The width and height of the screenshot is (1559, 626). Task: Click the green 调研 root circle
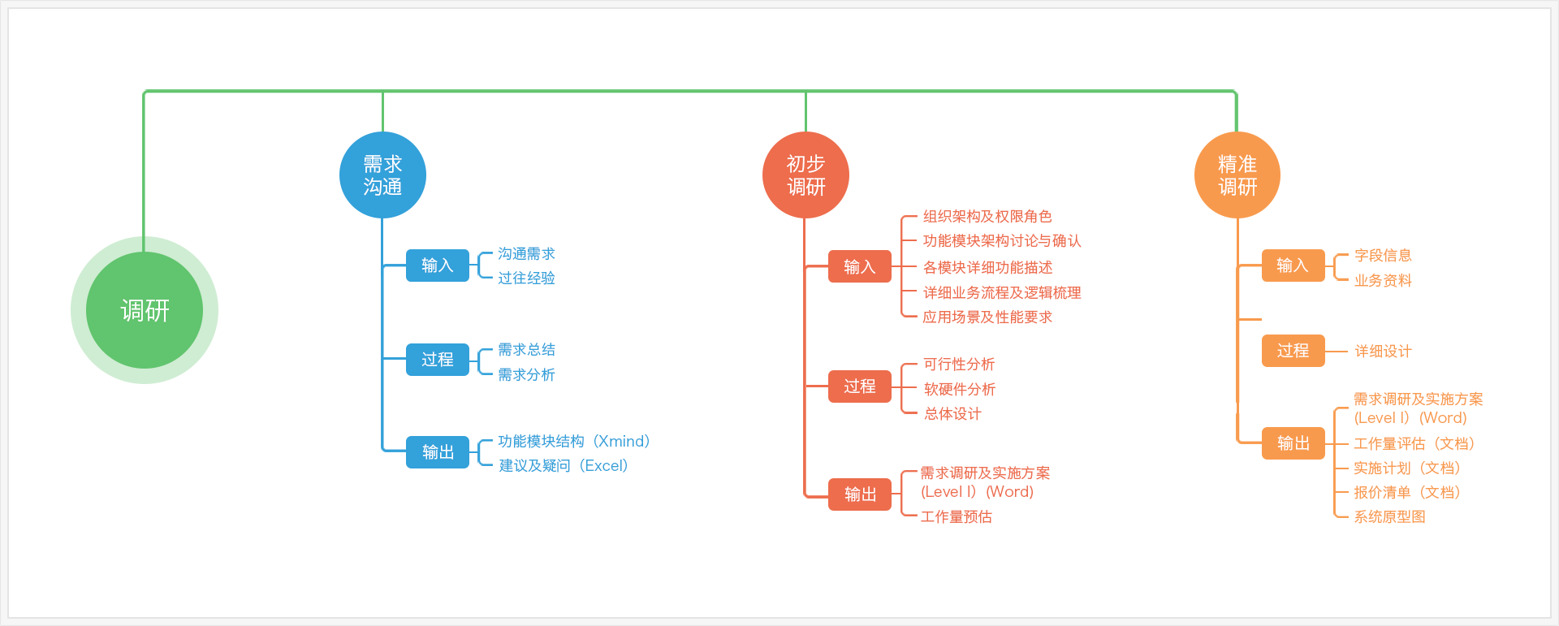(145, 310)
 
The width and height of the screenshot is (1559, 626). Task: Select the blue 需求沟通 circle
(382, 175)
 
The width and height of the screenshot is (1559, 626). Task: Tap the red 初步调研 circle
(805, 175)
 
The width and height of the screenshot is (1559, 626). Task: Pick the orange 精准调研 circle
(1237, 175)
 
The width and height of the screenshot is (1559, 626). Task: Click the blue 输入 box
(438, 266)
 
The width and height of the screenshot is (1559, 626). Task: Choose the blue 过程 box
(438, 360)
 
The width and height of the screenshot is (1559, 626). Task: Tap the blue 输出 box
(438, 452)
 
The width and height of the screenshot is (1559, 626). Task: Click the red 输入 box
(860, 266)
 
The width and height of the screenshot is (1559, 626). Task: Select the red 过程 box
(860, 386)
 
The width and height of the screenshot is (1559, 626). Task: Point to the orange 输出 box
(1293, 443)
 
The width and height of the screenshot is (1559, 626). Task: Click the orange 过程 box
(1293, 351)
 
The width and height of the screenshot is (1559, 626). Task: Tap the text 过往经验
(526, 278)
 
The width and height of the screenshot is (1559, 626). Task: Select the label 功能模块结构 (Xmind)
(574, 441)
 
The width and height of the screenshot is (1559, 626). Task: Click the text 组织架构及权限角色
(987, 216)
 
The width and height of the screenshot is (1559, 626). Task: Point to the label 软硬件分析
(959, 390)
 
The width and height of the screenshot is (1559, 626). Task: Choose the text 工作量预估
(957, 516)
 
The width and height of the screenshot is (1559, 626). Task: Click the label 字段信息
(1383, 256)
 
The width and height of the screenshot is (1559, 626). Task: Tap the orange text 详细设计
(1383, 352)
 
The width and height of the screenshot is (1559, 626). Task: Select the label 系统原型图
(1389, 516)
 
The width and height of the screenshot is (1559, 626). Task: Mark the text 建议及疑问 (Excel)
(564, 465)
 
